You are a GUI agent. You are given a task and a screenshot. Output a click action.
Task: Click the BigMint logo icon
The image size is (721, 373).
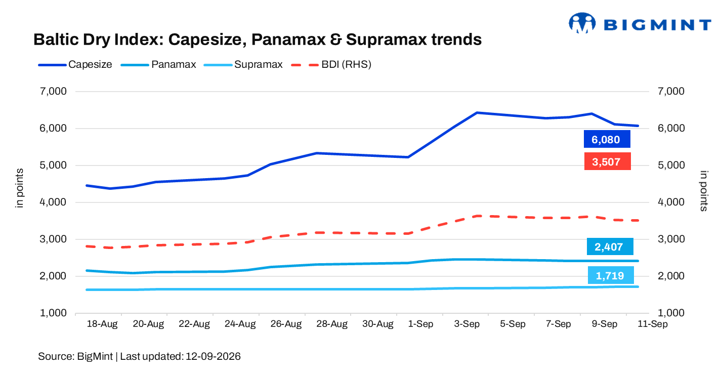[x=582, y=23]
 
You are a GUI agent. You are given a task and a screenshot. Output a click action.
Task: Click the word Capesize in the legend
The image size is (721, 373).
[x=90, y=64]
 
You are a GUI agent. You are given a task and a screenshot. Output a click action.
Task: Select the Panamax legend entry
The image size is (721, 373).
[x=158, y=64]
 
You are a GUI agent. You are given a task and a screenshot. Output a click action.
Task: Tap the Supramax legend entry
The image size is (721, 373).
[x=243, y=64]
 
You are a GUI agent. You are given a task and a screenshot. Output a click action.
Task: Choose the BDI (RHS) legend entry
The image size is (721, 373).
[x=331, y=64]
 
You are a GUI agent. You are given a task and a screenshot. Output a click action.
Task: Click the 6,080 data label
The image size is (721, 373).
[x=607, y=139]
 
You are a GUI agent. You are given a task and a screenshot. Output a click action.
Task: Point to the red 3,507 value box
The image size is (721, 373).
[x=607, y=161]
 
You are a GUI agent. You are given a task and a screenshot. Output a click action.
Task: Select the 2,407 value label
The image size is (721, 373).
[x=610, y=246]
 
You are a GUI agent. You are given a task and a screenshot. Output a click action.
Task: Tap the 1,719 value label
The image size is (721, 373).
[x=611, y=275]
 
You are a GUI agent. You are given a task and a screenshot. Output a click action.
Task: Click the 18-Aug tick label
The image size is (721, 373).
[x=102, y=324]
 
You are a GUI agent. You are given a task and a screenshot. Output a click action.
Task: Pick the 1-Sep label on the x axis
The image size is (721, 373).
[x=420, y=324]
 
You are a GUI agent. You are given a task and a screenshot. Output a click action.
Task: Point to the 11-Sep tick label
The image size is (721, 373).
[x=652, y=324]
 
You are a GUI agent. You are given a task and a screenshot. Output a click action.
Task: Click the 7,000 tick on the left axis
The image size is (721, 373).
[x=53, y=91]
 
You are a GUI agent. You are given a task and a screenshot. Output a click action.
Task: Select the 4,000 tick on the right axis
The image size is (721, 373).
[x=671, y=202]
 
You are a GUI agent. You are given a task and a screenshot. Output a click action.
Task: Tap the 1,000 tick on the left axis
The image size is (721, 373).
[x=53, y=313]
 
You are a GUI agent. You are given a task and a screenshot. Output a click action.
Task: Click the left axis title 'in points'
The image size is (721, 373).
[x=19, y=188]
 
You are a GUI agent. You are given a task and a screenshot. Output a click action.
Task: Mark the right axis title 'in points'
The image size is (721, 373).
[x=704, y=191]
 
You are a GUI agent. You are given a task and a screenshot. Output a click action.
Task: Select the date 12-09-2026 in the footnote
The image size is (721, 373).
[x=213, y=356]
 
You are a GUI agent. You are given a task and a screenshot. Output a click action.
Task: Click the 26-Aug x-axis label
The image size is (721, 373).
[x=286, y=324]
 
